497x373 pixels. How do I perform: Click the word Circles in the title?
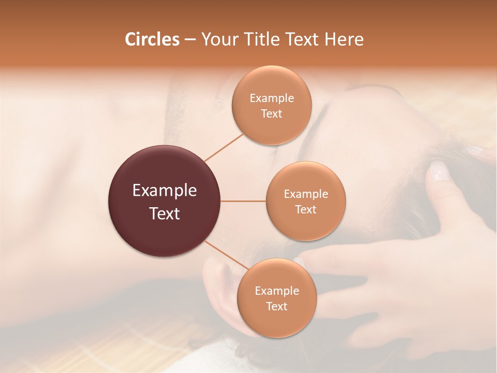pyautogui.click(x=152, y=39)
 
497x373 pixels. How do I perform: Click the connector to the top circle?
pyautogui.click(x=224, y=147)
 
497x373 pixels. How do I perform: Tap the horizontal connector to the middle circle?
pyautogui.click(x=243, y=201)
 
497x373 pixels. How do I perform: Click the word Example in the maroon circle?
pyautogui.click(x=165, y=191)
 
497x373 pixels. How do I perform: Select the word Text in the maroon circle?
pyautogui.click(x=165, y=213)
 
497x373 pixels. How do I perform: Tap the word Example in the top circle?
pyautogui.click(x=272, y=98)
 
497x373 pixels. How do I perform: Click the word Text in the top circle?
pyautogui.click(x=272, y=114)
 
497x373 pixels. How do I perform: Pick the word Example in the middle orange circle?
pyautogui.click(x=305, y=194)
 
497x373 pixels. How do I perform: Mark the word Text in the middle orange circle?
pyautogui.click(x=305, y=210)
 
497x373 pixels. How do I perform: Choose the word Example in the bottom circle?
pyautogui.click(x=276, y=291)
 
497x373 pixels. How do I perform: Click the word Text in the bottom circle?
pyautogui.click(x=276, y=307)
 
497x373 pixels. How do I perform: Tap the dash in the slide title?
pyautogui.click(x=190, y=40)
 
